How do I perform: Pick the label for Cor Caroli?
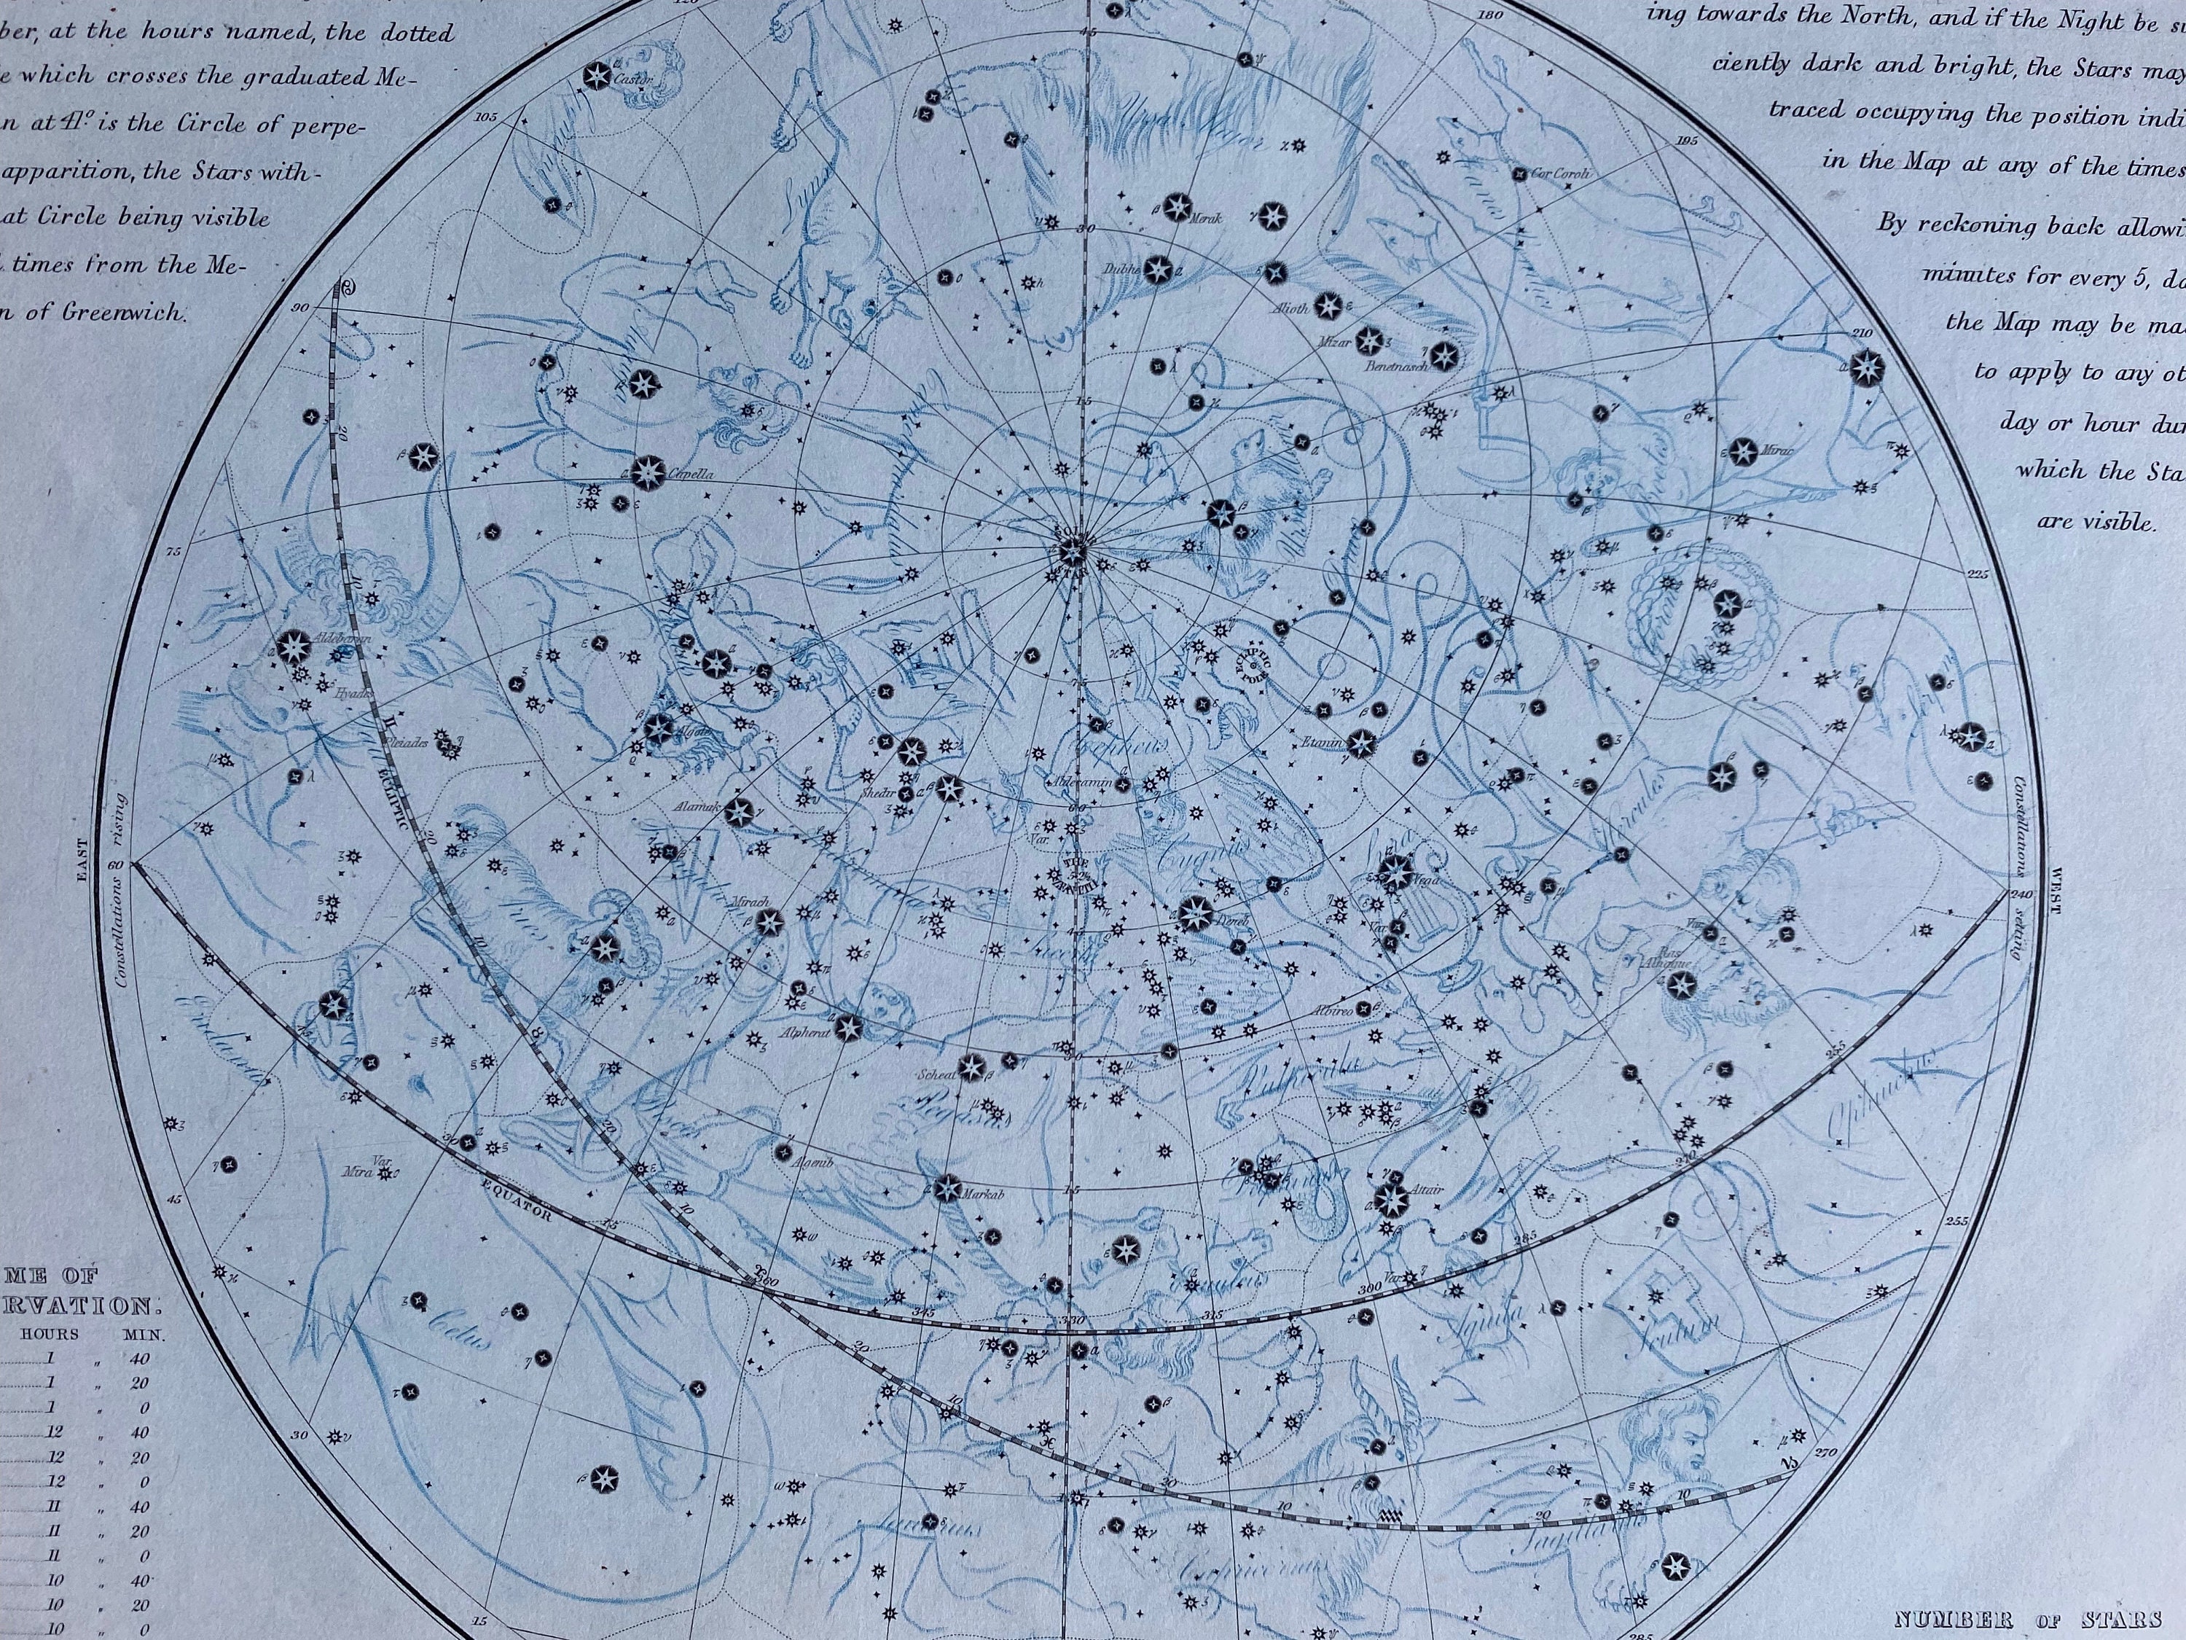[x=1562, y=174]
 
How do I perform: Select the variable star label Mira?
[x=356, y=1174]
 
